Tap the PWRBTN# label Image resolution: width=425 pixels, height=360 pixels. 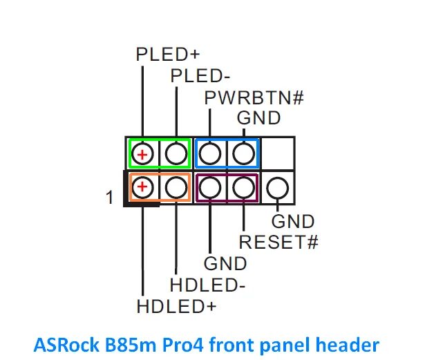[x=254, y=97]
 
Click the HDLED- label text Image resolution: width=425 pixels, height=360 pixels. [x=208, y=284]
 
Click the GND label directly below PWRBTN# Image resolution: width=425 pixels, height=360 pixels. [x=259, y=118]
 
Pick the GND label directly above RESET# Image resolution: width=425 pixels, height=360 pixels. [x=293, y=222]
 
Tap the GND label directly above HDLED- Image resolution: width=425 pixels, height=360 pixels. [x=225, y=263]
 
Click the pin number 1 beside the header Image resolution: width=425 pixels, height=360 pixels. [x=108, y=198]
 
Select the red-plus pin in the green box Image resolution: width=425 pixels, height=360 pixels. [x=142, y=153]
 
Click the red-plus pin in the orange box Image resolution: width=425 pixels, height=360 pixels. [x=142, y=187]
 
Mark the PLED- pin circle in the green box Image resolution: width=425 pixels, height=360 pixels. [x=176, y=153]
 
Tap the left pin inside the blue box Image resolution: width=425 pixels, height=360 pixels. [x=210, y=153]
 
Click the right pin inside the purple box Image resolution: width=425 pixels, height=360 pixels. [x=243, y=187]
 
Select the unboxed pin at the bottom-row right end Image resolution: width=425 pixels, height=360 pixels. [x=277, y=187]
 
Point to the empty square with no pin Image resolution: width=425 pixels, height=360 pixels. [x=278, y=153]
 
